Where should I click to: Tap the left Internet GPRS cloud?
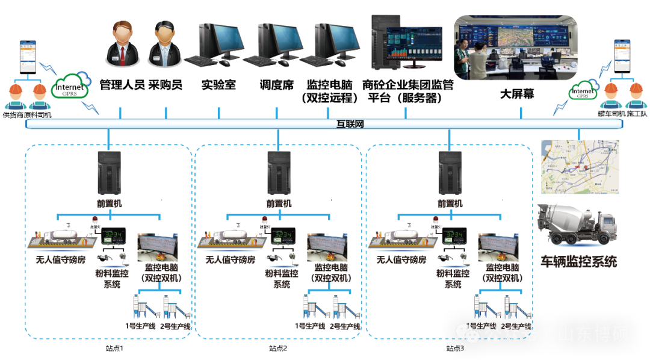[70, 88]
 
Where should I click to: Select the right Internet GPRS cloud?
[583, 92]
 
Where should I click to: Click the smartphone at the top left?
[28, 57]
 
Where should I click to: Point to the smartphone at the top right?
[622, 56]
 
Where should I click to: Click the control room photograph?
[515, 48]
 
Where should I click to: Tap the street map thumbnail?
[580, 166]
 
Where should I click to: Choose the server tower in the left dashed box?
[110, 173]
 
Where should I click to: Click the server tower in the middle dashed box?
[279, 173]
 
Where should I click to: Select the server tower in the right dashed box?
[450, 173]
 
